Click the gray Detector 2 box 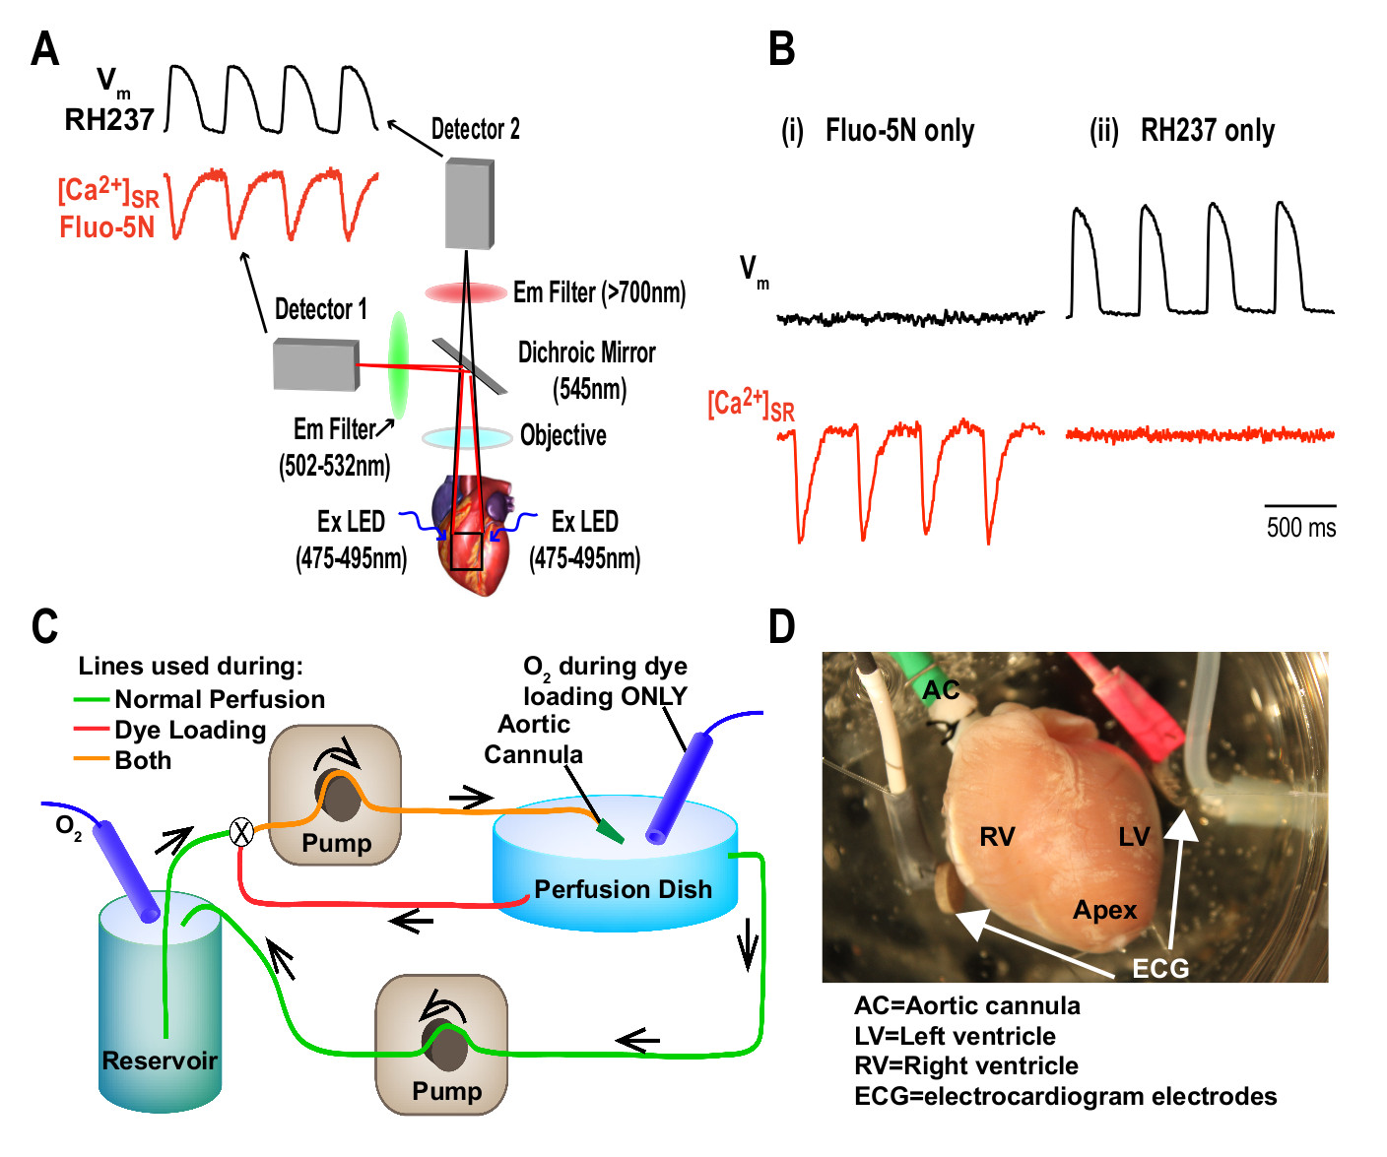[x=469, y=204]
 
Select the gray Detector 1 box [x=315, y=363]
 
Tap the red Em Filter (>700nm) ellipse [x=466, y=292]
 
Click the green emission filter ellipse [x=398, y=365]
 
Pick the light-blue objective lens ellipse [x=466, y=437]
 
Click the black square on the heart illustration [x=466, y=551]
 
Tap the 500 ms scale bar [x=1300, y=506]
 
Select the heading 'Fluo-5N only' [x=899, y=131]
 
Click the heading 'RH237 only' [x=1207, y=131]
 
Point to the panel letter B [x=781, y=48]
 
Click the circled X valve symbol [x=241, y=833]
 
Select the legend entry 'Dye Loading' [x=190, y=730]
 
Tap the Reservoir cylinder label [x=160, y=1061]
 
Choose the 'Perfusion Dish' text [x=623, y=889]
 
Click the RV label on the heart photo [x=997, y=837]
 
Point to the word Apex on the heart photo [x=1104, y=910]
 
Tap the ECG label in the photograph [x=1160, y=969]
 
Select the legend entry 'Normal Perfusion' [x=220, y=699]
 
